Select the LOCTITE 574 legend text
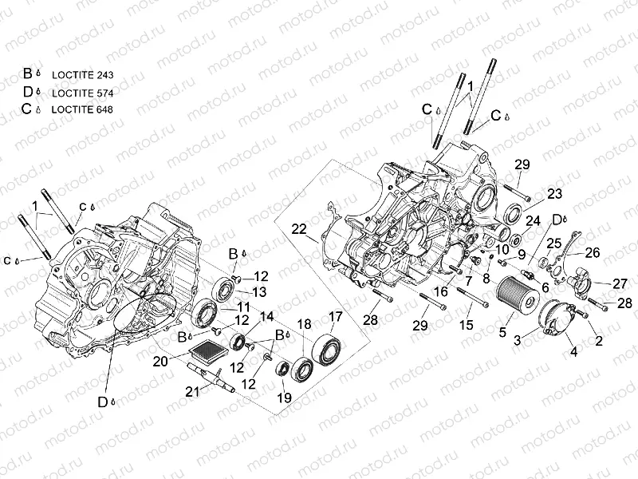click(x=82, y=92)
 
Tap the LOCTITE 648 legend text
click(x=82, y=109)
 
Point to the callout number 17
click(x=335, y=315)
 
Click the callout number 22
click(x=299, y=229)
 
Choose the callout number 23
click(x=554, y=193)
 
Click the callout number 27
click(x=620, y=283)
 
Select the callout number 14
click(x=266, y=315)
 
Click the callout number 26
click(x=593, y=253)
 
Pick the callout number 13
click(x=259, y=291)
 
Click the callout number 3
click(x=517, y=340)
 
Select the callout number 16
click(x=440, y=292)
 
